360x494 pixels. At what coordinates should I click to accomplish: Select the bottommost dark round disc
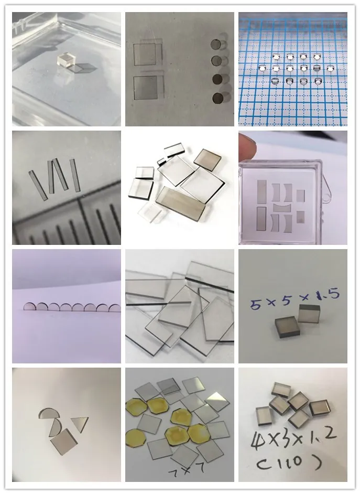pyautogui.click(x=217, y=99)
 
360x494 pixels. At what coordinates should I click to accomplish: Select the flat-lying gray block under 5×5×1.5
pyautogui.click(x=287, y=327)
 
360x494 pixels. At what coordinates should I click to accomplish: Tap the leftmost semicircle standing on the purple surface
pyautogui.click(x=30, y=307)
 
